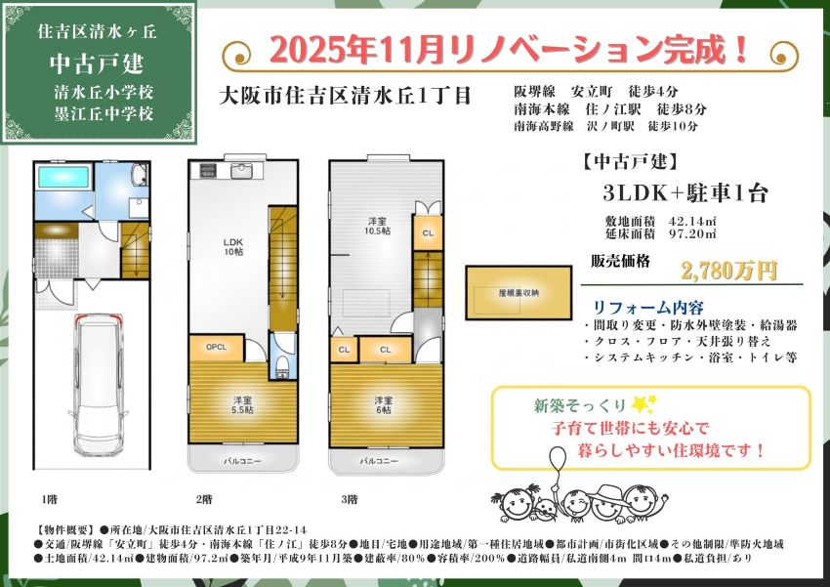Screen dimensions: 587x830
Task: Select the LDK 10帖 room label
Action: pos(233,247)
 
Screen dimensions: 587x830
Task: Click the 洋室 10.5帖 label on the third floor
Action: pos(378,226)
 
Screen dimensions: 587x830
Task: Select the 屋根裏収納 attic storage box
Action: pos(519,290)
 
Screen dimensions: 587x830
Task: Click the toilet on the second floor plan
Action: pos(282,365)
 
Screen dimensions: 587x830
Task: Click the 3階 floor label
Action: pos(349,499)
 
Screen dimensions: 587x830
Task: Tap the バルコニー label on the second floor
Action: pos(242,460)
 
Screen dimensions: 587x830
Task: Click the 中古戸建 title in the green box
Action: pos(97,63)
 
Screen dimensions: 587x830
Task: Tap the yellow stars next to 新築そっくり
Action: pos(641,403)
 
